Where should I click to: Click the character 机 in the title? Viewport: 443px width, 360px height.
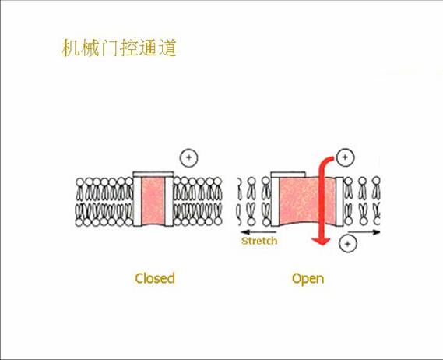(x=71, y=48)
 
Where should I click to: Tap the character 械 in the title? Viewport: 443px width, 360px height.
(x=90, y=48)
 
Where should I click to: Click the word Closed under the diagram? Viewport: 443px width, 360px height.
(x=155, y=278)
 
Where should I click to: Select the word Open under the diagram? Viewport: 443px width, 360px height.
(x=308, y=278)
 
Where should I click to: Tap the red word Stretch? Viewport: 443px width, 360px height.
(x=259, y=241)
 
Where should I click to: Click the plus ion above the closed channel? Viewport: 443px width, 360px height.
(x=188, y=158)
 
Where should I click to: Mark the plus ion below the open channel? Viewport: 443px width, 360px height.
(x=348, y=244)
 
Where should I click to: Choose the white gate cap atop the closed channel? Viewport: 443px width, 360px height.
(x=153, y=172)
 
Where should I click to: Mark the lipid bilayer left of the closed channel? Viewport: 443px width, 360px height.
(x=105, y=200)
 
